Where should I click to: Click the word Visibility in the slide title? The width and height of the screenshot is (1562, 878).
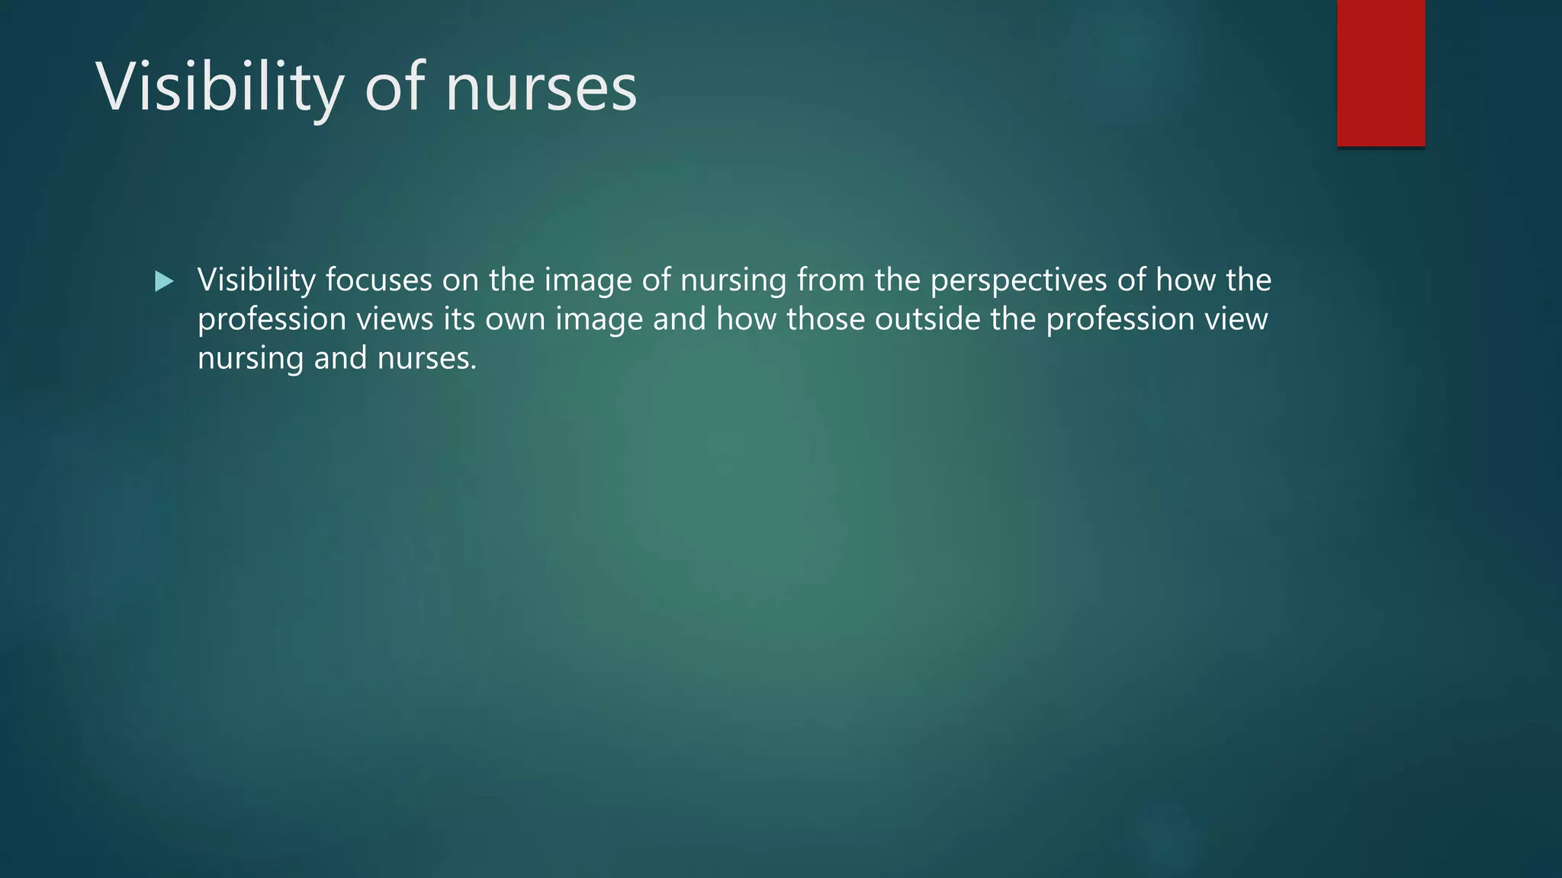point(220,88)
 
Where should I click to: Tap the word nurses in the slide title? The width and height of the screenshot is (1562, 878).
point(541,88)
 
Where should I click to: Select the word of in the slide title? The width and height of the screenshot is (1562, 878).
point(394,88)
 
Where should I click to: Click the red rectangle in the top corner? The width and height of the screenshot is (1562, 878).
point(1380,73)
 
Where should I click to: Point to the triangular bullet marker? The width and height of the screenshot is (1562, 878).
point(163,282)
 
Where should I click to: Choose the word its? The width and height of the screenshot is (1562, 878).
point(459,319)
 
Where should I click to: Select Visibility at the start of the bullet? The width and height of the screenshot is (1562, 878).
point(256,280)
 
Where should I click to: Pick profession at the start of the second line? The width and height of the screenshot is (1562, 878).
point(272,319)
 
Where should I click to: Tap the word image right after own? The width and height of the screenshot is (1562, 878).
point(599,319)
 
